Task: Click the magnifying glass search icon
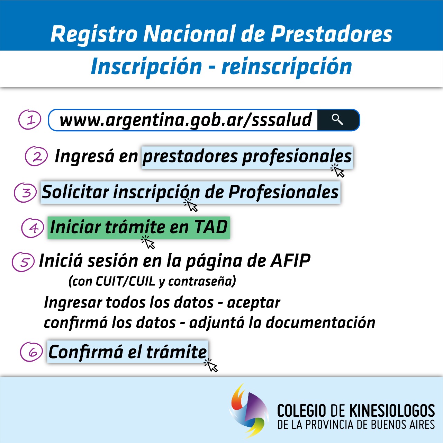point(337,119)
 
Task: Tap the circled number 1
point(30,119)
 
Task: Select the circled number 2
point(36,156)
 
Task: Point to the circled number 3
point(25,192)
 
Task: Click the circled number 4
point(33,228)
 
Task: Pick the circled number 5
point(23,262)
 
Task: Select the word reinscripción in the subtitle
point(287,67)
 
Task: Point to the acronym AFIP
point(290,260)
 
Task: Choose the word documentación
point(320,322)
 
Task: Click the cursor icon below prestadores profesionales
point(337,170)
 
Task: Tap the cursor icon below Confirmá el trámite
point(210,365)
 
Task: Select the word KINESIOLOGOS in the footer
point(392,410)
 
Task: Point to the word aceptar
point(254,303)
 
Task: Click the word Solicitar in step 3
point(75,192)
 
